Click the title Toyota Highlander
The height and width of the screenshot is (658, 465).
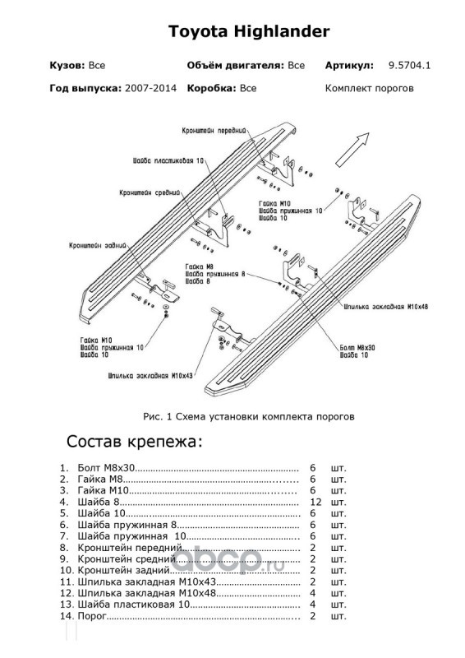click(249, 31)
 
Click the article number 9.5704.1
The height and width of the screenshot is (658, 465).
click(409, 66)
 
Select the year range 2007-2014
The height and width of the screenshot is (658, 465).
click(150, 88)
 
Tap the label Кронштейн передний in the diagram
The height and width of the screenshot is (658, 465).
click(214, 131)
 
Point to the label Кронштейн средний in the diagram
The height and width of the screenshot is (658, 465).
click(150, 192)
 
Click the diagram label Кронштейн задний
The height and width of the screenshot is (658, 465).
click(98, 245)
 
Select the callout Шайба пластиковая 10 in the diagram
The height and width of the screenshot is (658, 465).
click(168, 160)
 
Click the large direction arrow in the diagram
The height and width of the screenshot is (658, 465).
click(352, 150)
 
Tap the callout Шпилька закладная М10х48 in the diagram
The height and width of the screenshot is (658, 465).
click(386, 307)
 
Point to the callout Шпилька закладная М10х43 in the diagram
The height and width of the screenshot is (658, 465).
click(150, 376)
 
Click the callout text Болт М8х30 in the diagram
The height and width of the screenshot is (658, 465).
click(357, 347)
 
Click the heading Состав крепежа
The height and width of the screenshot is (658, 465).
click(134, 442)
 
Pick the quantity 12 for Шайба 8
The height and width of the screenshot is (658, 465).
click(315, 502)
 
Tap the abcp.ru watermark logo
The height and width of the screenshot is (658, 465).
click(229, 560)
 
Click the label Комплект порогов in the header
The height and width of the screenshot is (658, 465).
click(370, 89)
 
